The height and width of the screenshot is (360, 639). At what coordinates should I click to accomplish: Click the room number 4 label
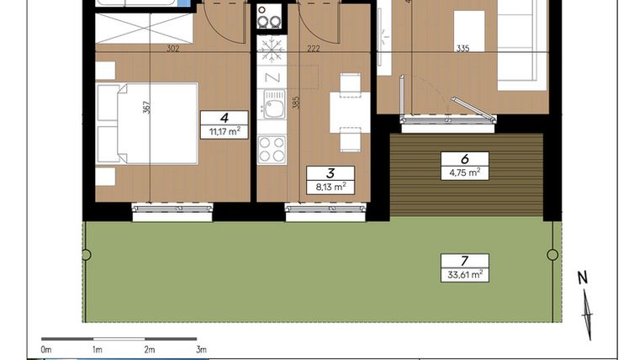224,119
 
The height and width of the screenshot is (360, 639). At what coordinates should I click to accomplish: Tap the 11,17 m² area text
224,131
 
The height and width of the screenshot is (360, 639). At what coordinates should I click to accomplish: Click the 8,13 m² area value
324,188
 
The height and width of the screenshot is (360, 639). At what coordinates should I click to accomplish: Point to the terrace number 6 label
464,157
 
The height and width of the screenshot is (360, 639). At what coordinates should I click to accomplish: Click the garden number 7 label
464,260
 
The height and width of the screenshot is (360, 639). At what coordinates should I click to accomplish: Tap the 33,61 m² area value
464,273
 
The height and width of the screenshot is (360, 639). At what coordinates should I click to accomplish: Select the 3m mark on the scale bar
200,348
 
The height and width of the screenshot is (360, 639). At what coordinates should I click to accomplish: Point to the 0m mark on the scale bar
47,348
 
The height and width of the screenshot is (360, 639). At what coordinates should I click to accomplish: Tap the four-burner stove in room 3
272,149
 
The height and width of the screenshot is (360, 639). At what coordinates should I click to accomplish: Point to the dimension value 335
462,50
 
